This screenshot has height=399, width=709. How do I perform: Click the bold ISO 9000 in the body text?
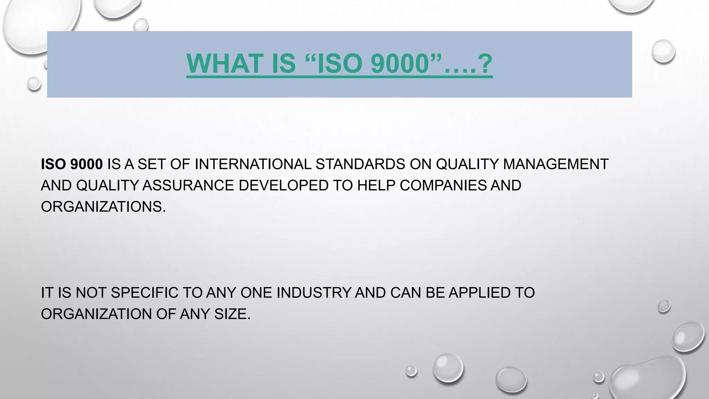72,164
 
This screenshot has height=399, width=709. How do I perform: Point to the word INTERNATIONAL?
253,164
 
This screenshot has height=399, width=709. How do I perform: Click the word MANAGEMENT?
555,164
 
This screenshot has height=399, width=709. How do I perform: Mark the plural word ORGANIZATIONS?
103,207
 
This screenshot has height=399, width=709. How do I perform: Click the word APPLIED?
479,293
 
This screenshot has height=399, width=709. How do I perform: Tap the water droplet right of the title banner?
663,51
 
